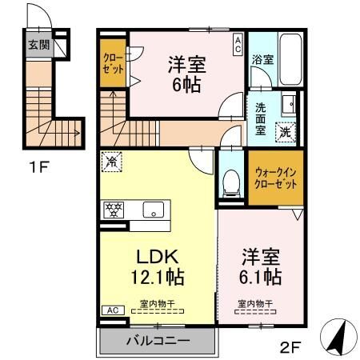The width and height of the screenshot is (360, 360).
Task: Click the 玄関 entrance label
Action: (x=38, y=45)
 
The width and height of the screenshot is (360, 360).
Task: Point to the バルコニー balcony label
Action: (x=158, y=342)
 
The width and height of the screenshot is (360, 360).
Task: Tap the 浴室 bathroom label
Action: (x=262, y=59)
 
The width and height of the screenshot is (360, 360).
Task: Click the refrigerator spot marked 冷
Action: (x=110, y=161)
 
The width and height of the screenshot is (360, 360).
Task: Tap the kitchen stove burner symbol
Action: (x=114, y=210)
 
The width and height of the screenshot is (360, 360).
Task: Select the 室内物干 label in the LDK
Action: (x=157, y=304)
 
